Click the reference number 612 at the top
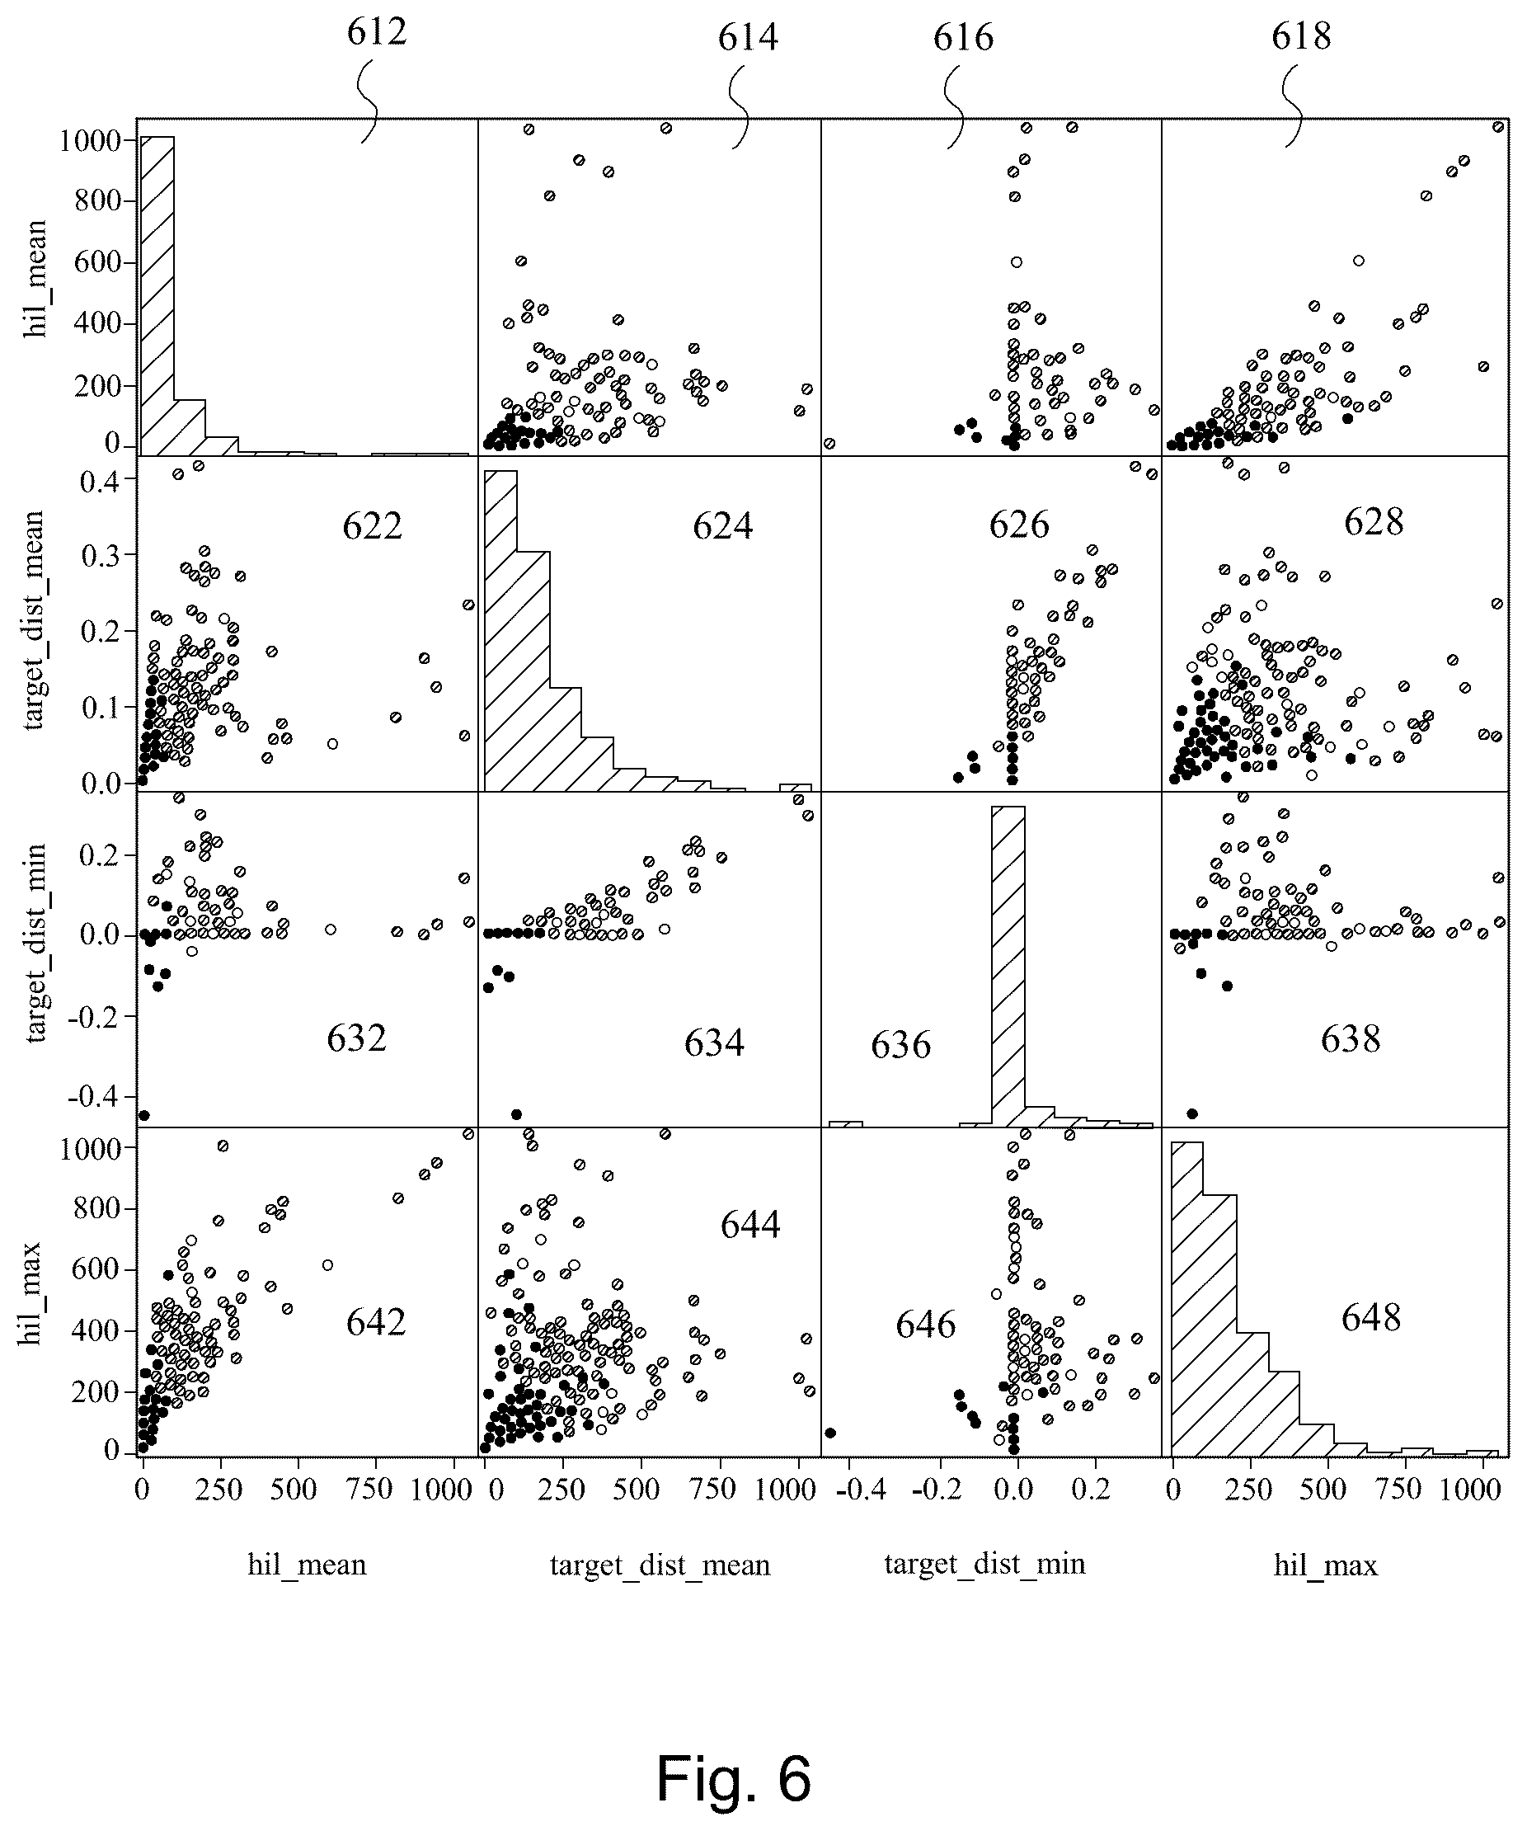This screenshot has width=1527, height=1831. tap(377, 32)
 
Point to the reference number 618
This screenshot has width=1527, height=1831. tap(1301, 36)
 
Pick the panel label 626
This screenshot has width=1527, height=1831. tap(1019, 525)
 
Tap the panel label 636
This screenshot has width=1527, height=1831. tap(900, 1044)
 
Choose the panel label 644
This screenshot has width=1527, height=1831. tap(749, 1225)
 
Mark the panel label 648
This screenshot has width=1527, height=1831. tap(1371, 1317)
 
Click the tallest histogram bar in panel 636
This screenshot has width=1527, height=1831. tap(1008, 965)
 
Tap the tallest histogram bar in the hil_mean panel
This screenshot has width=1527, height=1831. tap(157, 295)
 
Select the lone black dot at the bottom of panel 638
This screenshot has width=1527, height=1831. tap(1192, 1113)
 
